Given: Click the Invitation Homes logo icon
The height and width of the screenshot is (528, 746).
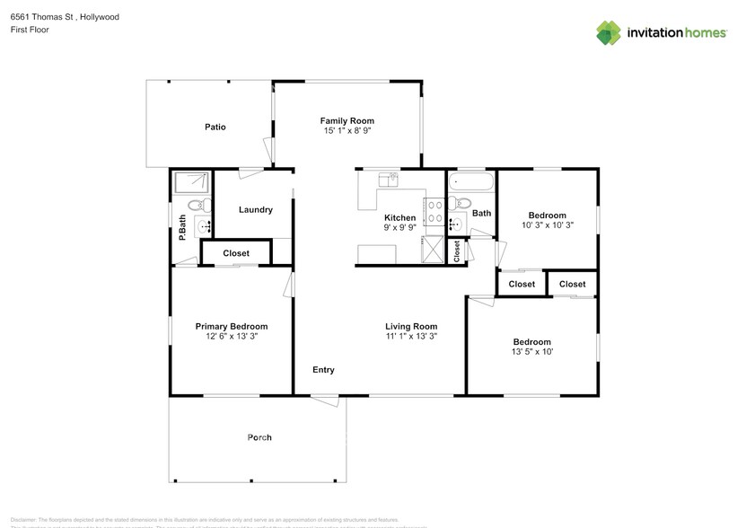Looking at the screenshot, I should pyautogui.click(x=610, y=32).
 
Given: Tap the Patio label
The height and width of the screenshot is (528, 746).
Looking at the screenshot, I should pyautogui.click(x=215, y=127).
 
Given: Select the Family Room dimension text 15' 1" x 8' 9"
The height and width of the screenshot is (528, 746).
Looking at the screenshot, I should pyautogui.click(x=347, y=131).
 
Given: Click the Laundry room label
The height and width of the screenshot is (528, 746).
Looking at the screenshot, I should pyautogui.click(x=256, y=210).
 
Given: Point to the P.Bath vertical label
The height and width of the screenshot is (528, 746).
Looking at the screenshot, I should pyautogui.click(x=182, y=226).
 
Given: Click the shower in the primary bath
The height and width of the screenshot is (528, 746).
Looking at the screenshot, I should pyautogui.click(x=189, y=183).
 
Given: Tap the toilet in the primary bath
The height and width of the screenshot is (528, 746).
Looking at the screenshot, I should pyautogui.click(x=206, y=206).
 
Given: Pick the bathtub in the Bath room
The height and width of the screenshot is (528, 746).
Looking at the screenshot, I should pyautogui.click(x=471, y=182).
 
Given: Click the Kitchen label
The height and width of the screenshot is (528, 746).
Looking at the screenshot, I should pyautogui.click(x=399, y=217).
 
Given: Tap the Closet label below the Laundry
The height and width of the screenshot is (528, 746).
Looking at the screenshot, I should pyautogui.click(x=236, y=253).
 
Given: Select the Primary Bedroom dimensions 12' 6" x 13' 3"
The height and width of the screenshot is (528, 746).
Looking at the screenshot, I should pyautogui.click(x=232, y=337).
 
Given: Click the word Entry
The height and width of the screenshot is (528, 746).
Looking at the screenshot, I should pyautogui.click(x=323, y=370).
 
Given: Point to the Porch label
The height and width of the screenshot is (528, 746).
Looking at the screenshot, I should pyautogui.click(x=259, y=437).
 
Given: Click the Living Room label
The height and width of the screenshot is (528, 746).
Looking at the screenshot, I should pyautogui.click(x=411, y=326).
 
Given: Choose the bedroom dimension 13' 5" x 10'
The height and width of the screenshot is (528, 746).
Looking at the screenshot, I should pyautogui.click(x=532, y=352).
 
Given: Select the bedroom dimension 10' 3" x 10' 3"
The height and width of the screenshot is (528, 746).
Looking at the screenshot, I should pyautogui.click(x=547, y=225).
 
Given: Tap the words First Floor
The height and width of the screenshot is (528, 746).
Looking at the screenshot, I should pyautogui.click(x=30, y=30).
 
